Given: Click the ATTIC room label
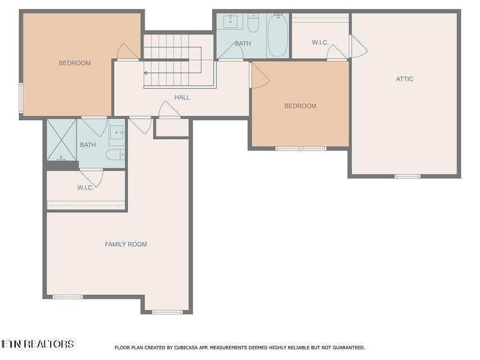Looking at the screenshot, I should (405, 79).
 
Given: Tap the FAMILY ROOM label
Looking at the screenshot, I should (126, 244).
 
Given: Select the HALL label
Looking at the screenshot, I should (182, 97).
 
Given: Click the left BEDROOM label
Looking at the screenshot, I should (74, 63).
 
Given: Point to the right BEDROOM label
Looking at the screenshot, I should (300, 106).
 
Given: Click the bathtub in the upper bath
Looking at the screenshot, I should (277, 35).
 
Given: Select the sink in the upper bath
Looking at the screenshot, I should (231, 21).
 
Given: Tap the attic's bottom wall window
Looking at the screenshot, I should (407, 176).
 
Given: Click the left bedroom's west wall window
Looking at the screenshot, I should (21, 98).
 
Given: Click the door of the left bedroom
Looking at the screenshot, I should (128, 52).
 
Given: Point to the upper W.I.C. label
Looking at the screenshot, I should (321, 43).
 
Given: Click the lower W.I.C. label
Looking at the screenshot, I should (86, 187).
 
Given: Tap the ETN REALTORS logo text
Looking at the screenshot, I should (37, 344).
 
